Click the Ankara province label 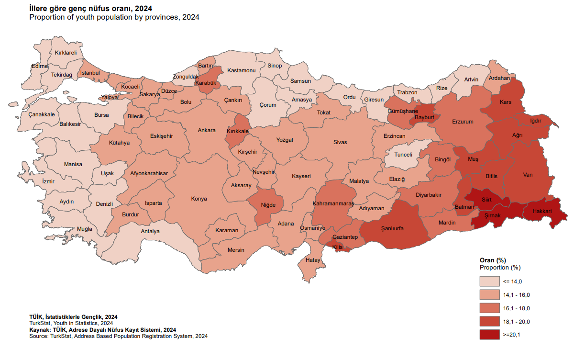pos(207,130)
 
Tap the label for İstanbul pos(89,73)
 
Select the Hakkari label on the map pos(541,211)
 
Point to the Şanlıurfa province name pos(392,228)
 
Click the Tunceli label pos(403,155)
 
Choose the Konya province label pos(199,199)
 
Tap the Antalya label pos(150,231)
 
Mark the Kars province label pos(505,102)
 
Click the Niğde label pos(268,205)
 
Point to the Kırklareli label pos(66,53)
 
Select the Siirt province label pos(486,199)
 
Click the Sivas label pos(340,142)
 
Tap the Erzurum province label pos(463,122)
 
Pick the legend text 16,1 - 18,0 pos(516,308)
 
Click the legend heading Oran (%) pos(493,260)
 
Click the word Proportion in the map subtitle pos(45,17)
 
